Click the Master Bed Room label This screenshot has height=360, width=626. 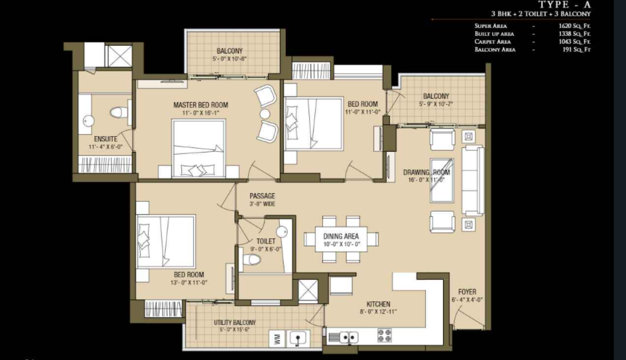pos(201,105)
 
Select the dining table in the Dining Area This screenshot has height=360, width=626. pos(341,239)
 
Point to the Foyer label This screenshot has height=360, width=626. pos(467,292)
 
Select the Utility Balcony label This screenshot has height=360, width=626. pos(235,322)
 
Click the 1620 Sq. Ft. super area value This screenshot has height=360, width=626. pos(575,26)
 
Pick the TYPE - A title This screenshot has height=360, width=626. pos(565,5)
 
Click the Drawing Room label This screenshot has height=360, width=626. pos(427,172)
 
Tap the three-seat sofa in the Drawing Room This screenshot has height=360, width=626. pos(473,181)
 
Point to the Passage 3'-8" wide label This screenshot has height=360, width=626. pos(262,200)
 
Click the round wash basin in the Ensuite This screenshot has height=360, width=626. pos(88,121)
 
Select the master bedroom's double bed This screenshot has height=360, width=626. pos(198,148)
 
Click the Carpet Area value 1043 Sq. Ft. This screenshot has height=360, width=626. pos(575,41)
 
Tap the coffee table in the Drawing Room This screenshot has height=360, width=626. pos(441,181)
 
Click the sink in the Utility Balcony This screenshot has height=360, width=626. pos(297,339)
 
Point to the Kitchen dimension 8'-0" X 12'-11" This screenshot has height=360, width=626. pos(378,312)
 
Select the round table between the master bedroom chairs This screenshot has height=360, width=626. pos(265,114)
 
